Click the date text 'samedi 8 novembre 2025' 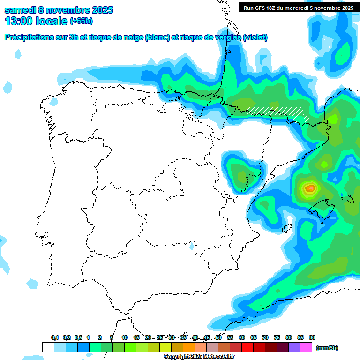59,10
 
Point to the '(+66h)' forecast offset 81,21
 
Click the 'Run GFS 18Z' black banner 296,7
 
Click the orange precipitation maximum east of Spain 310,188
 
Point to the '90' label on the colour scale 312,337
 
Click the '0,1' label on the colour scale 55,337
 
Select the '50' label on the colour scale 218,337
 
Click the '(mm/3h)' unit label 327,348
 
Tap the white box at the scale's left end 48,347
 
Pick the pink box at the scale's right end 306,347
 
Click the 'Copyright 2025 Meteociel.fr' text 199,357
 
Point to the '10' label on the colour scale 125,337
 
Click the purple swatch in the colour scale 294,347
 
